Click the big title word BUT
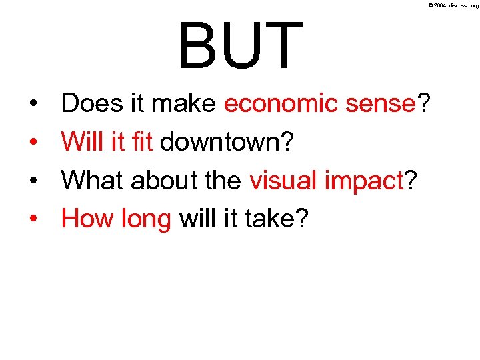tap(240, 45)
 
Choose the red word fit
tap(142, 141)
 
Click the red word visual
tap(281, 179)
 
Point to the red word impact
tap(361, 181)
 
